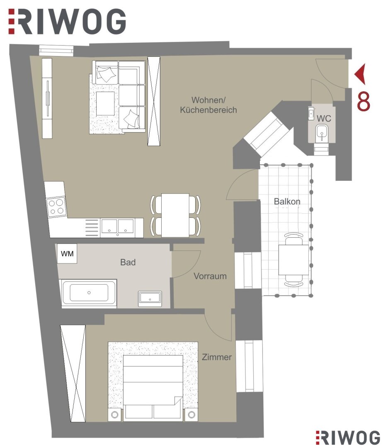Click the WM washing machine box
(67, 253)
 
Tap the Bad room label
(128, 262)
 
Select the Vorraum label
(210, 276)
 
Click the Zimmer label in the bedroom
(217, 357)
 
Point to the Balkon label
(287, 202)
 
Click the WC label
(324, 118)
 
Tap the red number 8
(364, 102)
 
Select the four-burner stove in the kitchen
(56, 207)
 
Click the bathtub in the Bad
(89, 293)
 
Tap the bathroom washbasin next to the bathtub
(150, 299)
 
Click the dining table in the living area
(175, 215)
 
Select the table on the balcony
(293, 259)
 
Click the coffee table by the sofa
(105, 103)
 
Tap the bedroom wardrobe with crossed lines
(73, 373)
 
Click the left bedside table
(115, 414)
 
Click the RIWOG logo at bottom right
(348, 437)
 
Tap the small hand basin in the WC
(311, 113)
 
